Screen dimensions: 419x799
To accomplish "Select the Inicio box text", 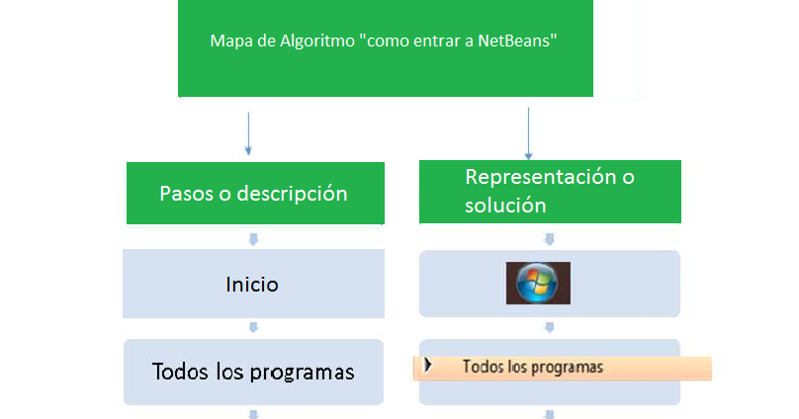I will [252, 285].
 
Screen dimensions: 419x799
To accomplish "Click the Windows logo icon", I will [538, 283].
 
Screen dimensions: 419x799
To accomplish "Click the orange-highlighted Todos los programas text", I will [532, 367].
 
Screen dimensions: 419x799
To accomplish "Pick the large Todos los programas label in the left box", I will [253, 372].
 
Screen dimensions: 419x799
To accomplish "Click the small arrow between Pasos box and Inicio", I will [253, 238].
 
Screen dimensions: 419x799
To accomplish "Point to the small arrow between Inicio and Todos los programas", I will [253, 328].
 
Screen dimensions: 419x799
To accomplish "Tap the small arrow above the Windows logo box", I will [550, 238].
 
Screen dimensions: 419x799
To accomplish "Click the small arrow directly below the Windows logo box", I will [550, 328].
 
